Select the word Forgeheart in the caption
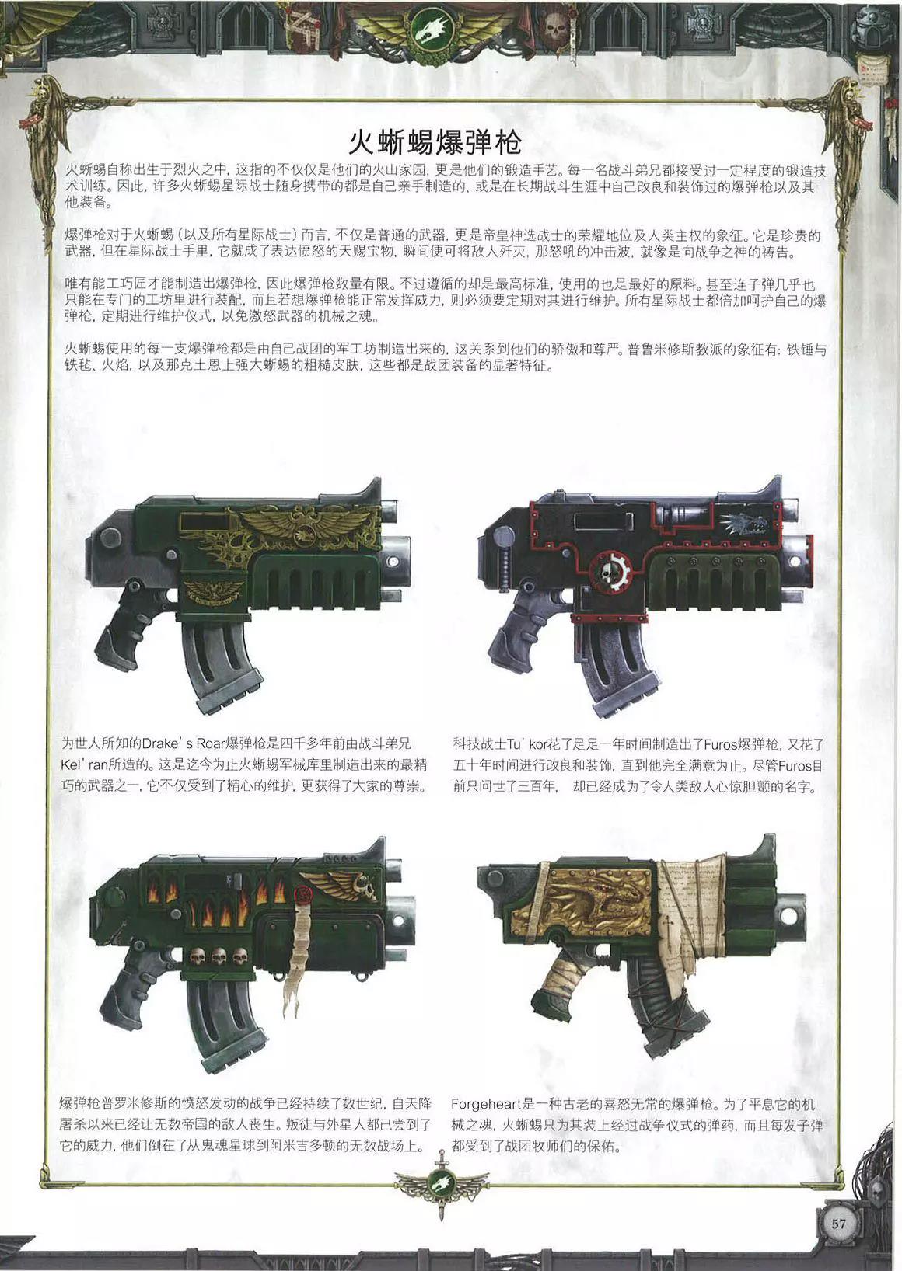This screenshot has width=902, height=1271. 486,1104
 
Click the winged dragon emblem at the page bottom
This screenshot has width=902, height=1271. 442,1184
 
